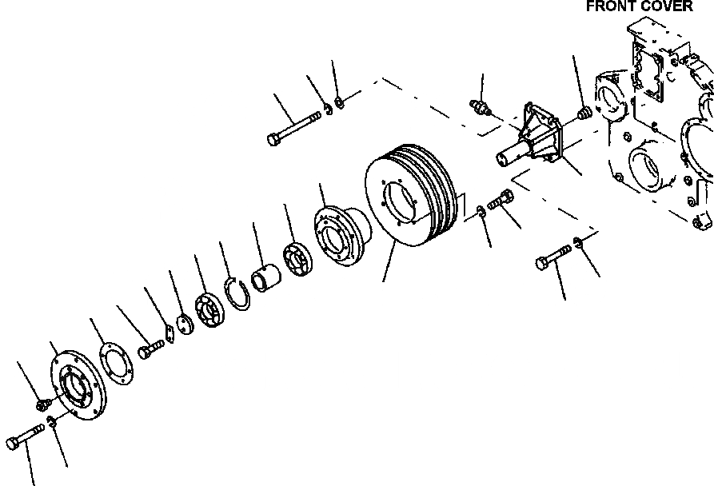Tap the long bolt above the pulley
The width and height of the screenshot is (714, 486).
293,128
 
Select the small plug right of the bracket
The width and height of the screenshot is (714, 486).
584,112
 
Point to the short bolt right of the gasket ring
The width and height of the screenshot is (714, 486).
150,349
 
